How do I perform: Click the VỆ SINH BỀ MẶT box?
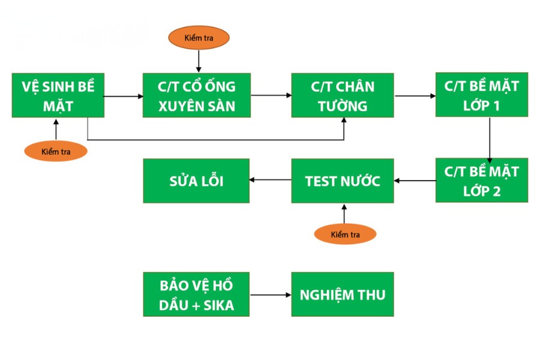point(58,96)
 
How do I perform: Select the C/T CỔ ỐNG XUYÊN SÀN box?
point(196,95)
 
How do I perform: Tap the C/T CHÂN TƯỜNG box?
point(342,95)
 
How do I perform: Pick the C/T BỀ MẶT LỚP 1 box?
point(481,95)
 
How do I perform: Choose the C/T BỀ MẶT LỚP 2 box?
point(481,181)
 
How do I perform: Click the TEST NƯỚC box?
point(342,181)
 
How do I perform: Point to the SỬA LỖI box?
point(196,181)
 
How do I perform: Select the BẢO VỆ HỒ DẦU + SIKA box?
point(196,295)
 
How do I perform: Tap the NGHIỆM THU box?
point(342,295)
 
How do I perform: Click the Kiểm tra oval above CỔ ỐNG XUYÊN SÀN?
point(199,38)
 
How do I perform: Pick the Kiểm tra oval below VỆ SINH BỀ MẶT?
point(56,151)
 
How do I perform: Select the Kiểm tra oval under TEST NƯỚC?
point(345,234)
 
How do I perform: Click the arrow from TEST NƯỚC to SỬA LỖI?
point(270,180)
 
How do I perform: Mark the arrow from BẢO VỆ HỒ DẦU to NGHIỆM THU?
point(270,295)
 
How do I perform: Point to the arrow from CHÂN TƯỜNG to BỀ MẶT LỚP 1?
point(415,95)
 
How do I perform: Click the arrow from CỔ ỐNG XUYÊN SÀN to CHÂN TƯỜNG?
point(271,95)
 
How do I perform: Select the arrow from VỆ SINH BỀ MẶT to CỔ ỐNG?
point(122,95)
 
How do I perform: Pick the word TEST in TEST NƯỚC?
point(320,181)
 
